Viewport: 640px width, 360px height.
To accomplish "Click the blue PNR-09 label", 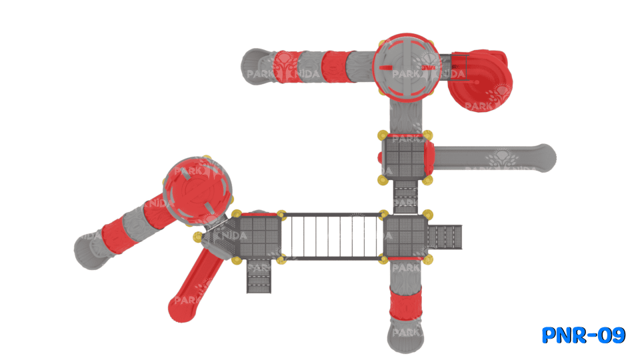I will click(x=583, y=335).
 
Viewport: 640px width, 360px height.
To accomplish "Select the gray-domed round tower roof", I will click(x=405, y=68).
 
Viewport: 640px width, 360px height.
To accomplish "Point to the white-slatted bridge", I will click(x=331, y=237).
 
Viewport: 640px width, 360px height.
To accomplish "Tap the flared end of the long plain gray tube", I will click(x=542, y=158).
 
